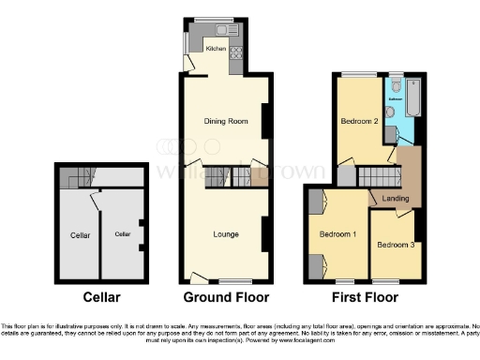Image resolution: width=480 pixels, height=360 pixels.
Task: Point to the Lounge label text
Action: tap(225, 233)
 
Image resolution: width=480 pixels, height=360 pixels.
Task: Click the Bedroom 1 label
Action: tap(336, 233)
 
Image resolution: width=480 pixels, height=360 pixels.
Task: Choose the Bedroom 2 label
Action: tap(359, 121)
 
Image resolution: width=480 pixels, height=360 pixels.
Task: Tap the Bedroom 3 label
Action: tap(394, 245)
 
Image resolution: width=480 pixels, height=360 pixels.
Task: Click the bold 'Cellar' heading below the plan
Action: tap(100, 297)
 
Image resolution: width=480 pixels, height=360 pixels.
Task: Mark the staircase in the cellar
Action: tap(75, 175)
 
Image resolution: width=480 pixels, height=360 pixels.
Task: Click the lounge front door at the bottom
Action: tap(197, 278)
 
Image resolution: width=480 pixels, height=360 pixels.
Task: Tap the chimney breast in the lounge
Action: tap(265, 228)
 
